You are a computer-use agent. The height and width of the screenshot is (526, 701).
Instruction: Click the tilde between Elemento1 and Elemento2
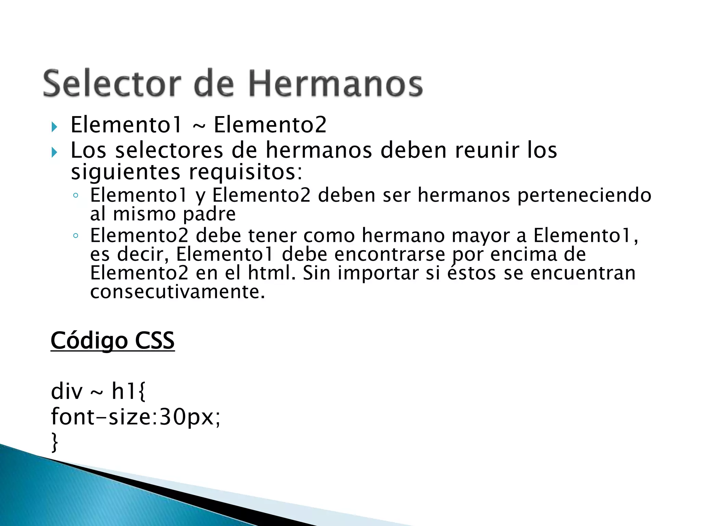(x=199, y=126)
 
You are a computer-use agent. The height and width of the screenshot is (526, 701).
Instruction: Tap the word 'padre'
(x=209, y=214)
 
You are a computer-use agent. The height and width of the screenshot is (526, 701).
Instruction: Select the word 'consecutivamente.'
(x=178, y=292)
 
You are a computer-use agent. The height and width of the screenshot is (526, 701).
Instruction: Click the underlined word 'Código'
(x=89, y=341)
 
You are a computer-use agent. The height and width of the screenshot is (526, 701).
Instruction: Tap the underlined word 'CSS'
(x=155, y=341)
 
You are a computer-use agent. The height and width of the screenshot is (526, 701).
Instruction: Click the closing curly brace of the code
(x=54, y=442)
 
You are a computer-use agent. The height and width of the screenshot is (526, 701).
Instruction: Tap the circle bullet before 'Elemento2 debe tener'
(x=76, y=236)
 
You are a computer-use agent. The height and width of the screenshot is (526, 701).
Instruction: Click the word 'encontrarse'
(x=390, y=254)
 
